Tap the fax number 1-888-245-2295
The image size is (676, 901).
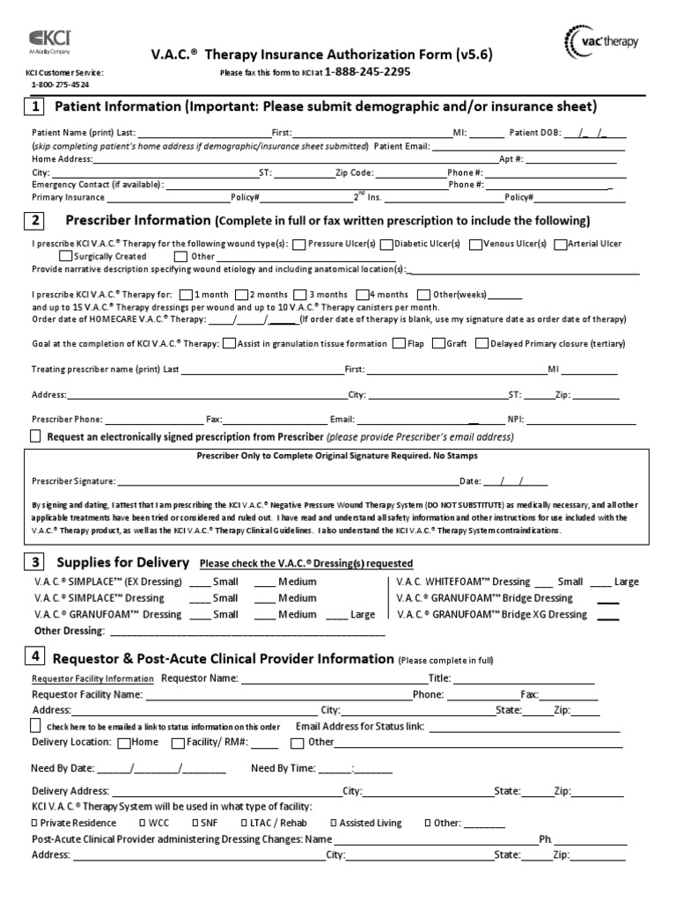[367, 72]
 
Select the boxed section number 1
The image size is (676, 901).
[34, 107]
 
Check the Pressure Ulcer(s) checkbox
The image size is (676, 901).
[299, 244]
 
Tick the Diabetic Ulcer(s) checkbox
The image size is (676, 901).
[386, 244]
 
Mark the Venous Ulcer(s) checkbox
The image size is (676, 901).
[474, 244]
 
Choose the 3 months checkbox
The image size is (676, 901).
[300, 294]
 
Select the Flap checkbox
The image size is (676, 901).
[399, 343]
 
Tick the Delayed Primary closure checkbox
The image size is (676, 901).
[481, 343]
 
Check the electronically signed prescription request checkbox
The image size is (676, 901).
[35, 436]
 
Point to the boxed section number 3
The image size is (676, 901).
[34, 561]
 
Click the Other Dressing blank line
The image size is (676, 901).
[246, 631]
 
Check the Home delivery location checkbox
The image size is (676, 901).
[124, 742]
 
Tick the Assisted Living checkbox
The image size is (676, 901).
[333, 823]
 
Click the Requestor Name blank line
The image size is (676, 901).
[333, 678]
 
